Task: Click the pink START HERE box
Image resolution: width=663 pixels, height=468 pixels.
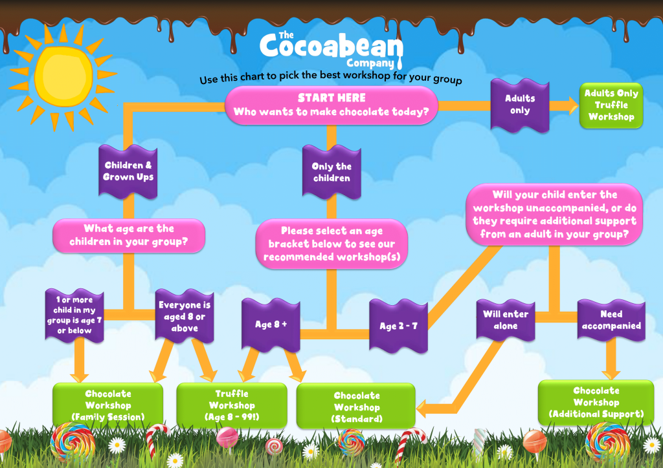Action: (x=331, y=105)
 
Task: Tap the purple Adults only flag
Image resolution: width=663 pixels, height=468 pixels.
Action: (x=520, y=105)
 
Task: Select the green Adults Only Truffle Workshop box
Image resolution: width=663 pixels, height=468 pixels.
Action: (x=611, y=105)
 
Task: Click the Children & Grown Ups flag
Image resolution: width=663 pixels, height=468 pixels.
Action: (x=128, y=171)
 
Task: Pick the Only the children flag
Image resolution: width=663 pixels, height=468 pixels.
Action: (x=331, y=172)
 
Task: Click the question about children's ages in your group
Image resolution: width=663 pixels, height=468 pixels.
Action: (x=129, y=235)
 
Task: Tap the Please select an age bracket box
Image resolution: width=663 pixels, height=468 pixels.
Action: (x=331, y=244)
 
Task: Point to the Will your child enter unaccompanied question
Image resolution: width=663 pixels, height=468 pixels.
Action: (x=554, y=215)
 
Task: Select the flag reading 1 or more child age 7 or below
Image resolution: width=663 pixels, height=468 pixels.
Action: (x=74, y=315)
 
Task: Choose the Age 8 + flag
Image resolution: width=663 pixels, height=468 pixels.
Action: (x=271, y=324)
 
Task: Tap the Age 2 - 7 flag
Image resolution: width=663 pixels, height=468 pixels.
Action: (x=398, y=326)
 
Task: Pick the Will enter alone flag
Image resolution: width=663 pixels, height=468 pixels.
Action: (x=506, y=320)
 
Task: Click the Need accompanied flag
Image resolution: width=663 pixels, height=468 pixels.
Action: (x=611, y=320)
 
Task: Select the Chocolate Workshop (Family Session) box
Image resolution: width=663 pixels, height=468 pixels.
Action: (x=108, y=405)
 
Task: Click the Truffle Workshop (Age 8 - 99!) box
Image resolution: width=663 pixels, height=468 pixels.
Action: (x=232, y=405)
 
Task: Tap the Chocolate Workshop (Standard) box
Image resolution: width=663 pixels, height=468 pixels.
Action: (x=356, y=407)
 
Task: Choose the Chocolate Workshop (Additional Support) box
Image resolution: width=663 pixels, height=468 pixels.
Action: (x=596, y=403)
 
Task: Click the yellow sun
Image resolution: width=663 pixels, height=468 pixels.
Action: (x=63, y=77)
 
